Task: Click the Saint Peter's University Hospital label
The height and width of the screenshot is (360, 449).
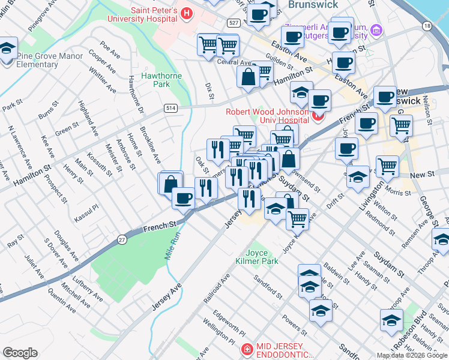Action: coord(151,14)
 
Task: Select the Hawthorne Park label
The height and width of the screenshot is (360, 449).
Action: coord(156,80)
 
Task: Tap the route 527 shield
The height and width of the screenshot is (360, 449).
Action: coord(234,23)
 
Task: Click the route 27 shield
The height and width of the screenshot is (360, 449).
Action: coord(123,238)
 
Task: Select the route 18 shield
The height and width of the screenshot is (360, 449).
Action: coord(427,26)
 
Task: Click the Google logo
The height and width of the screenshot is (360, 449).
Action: coord(20,353)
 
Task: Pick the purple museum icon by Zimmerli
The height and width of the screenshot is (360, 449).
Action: coord(376,29)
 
